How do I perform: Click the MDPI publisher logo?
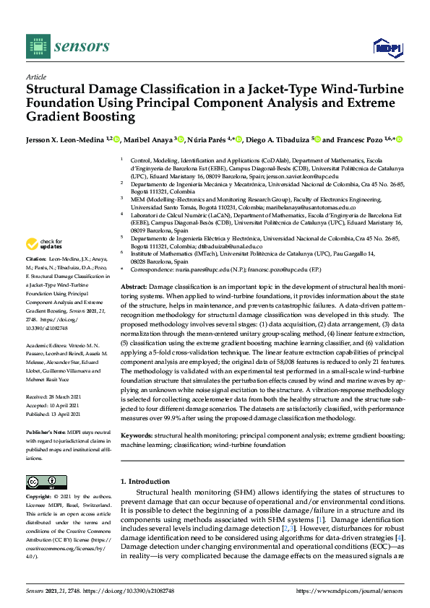tap(386, 48)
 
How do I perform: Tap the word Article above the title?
tap(35, 76)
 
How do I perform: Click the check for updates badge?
tap(45, 245)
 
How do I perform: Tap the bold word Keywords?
tap(137, 437)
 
